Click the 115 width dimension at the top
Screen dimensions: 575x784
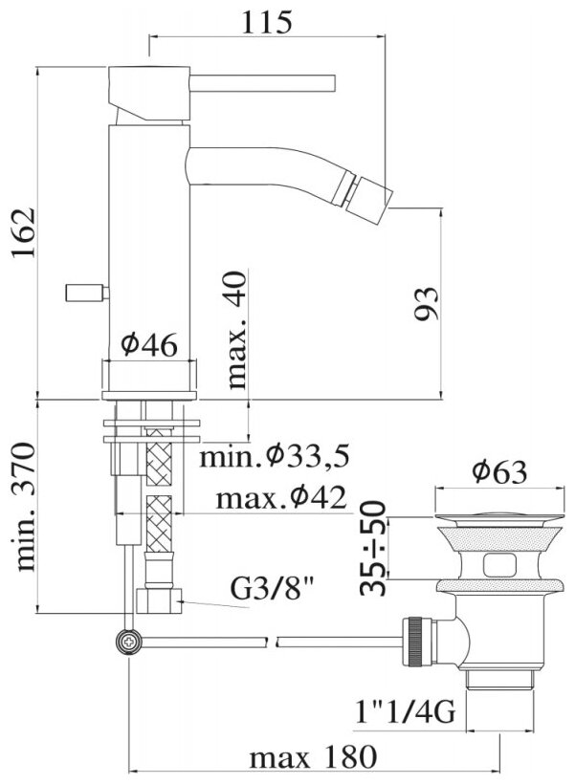point(266,22)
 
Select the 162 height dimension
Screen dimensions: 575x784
point(24,232)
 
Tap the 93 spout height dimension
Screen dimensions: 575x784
point(427,303)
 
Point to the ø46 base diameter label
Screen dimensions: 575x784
point(149,345)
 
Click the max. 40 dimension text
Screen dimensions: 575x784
point(236,330)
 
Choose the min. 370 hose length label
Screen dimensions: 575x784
point(25,506)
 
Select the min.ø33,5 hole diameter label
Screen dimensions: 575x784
point(274,456)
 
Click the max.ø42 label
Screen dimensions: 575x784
point(280,498)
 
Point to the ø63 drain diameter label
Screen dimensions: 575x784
point(498,472)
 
